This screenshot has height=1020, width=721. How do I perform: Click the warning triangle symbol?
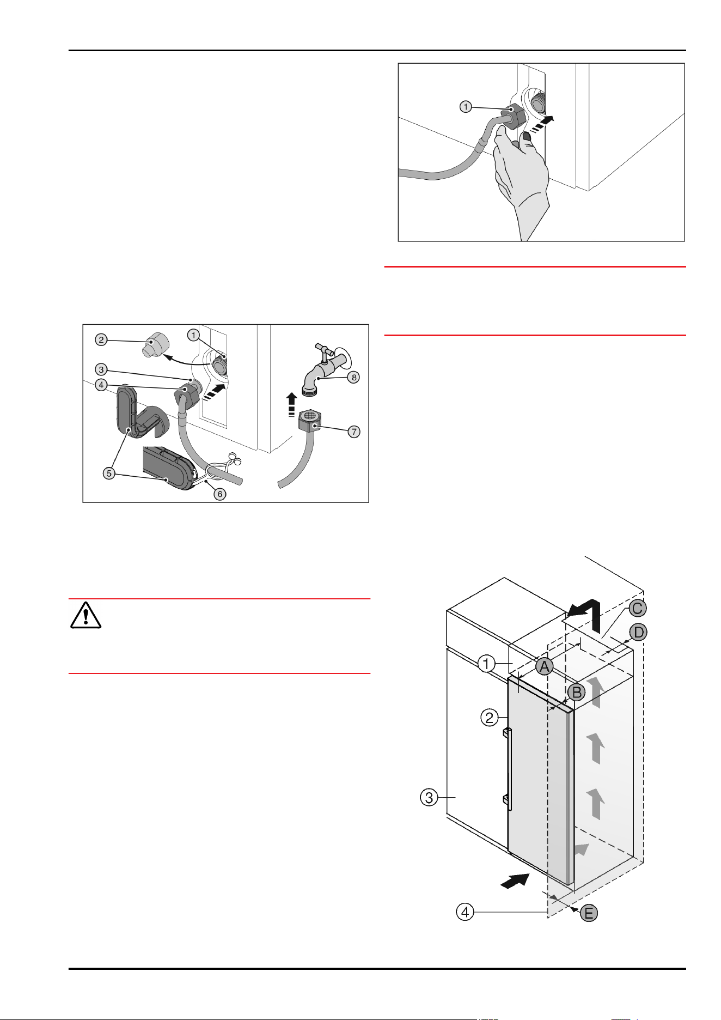click(85, 616)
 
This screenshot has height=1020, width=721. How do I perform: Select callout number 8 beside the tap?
click(353, 377)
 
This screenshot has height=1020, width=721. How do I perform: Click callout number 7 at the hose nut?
click(354, 432)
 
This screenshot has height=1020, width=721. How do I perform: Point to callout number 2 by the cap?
click(101, 340)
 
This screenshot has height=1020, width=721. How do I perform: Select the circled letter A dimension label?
click(544, 665)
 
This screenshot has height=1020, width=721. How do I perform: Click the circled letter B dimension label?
click(576, 692)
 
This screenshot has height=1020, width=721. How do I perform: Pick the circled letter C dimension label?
click(638, 608)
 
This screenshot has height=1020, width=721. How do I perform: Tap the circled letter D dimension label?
click(638, 633)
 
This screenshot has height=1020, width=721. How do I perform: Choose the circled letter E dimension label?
click(589, 913)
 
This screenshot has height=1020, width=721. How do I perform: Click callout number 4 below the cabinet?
click(465, 912)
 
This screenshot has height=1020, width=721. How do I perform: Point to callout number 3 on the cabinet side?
click(429, 798)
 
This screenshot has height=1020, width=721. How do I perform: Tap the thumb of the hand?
click(526, 143)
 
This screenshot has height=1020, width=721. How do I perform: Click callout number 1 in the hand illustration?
click(466, 107)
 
